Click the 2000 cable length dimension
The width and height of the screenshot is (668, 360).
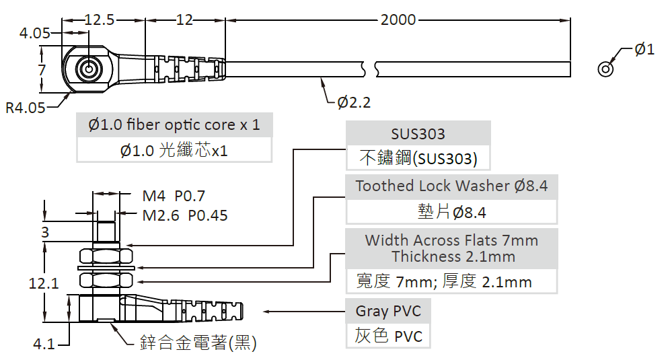tap(398, 20)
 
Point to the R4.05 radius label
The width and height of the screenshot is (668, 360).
tap(25, 107)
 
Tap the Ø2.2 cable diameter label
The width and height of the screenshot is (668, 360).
tap(354, 102)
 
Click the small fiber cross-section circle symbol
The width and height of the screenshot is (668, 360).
tap(606, 69)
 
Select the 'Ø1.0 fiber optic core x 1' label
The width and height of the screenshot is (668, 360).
tap(174, 124)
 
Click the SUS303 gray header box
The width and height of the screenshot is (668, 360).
tap(418, 134)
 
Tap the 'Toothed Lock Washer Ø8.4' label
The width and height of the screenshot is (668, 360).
tap(451, 186)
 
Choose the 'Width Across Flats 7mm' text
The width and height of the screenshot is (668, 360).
tap(451, 240)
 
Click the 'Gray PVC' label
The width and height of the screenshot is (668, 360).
tap(388, 311)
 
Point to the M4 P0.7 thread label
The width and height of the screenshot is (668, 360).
tap(174, 196)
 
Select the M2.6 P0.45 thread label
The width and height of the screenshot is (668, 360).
tap(185, 215)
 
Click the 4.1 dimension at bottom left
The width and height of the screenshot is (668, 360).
tap(44, 344)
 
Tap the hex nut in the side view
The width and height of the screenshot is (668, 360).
tap(106, 256)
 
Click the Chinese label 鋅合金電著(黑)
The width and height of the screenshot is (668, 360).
tap(198, 343)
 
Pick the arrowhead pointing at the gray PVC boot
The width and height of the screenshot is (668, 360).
tap(267, 312)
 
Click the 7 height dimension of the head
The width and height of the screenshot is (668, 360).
tap(42, 69)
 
